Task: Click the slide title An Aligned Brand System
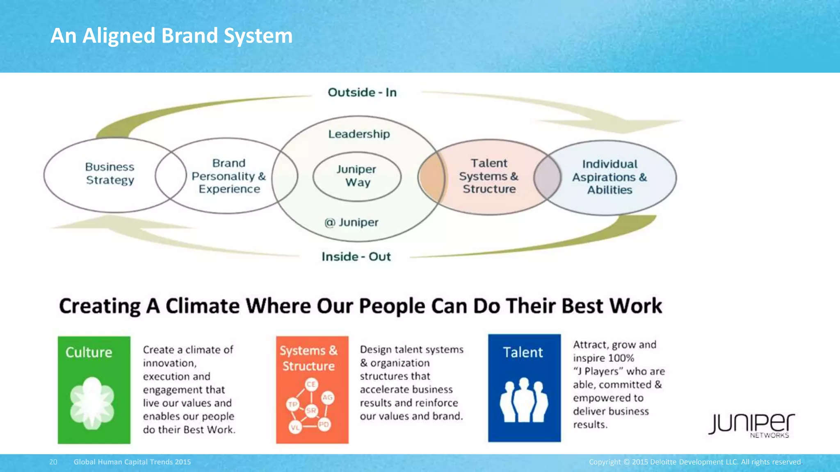tap(171, 36)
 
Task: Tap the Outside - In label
tap(362, 93)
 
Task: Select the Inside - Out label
tap(356, 256)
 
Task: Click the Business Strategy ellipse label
tap(110, 174)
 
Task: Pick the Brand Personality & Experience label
tap(229, 176)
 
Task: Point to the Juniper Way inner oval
tap(357, 176)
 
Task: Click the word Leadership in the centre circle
tap(359, 134)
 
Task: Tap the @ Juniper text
tap(352, 222)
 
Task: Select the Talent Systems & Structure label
tap(488, 176)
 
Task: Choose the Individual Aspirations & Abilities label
tap(609, 177)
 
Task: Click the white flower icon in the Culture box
tap(92, 403)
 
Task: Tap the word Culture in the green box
tap(89, 352)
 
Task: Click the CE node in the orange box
tap(311, 384)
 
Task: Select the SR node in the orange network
tap(311, 410)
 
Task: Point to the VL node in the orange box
tap(294, 427)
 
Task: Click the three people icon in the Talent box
tap(524, 400)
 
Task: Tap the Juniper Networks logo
tap(751, 425)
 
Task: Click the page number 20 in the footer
tap(53, 462)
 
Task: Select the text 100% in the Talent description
tap(621, 358)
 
